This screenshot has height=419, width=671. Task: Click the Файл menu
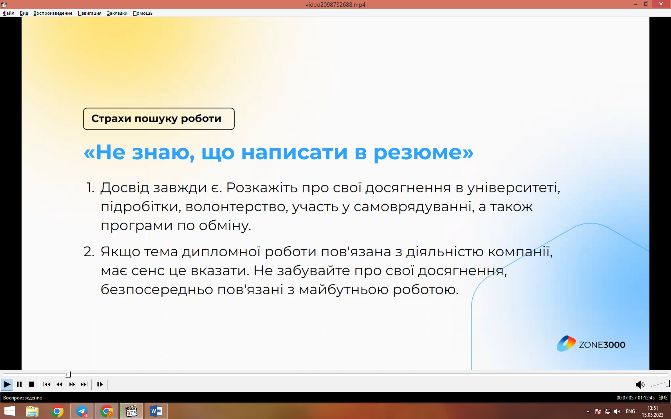point(8,13)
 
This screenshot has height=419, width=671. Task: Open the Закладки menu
point(117,13)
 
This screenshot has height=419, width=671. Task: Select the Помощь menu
point(143,13)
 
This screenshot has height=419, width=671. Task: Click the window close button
point(661,4)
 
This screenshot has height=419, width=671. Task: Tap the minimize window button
point(636,4)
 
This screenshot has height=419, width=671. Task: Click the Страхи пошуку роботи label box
point(159,119)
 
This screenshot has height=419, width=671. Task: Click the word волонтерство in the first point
point(235,207)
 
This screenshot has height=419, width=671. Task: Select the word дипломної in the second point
point(221,252)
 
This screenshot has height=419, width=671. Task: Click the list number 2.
point(88,252)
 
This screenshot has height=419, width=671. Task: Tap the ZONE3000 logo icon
point(566,344)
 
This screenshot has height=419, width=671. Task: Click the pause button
point(19,384)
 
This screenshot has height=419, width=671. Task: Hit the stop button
point(32,384)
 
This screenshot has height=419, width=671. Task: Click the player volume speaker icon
point(639,385)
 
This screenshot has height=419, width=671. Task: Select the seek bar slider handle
point(68,374)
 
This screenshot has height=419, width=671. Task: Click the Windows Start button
point(9,411)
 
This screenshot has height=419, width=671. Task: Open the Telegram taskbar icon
point(82,411)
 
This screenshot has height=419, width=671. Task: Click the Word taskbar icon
point(156,411)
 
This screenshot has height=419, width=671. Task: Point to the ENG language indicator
point(630,411)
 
